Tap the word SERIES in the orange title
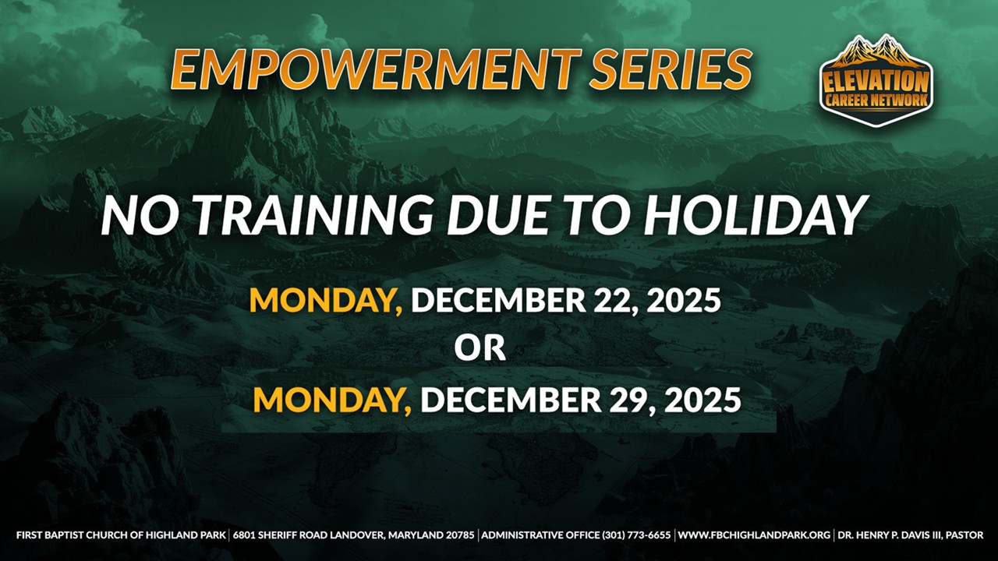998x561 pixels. (x=671, y=69)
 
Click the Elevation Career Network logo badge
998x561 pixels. (x=876, y=80)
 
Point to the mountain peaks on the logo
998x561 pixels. (x=876, y=51)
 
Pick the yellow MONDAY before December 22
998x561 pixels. (x=326, y=301)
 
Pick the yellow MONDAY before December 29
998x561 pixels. (x=332, y=400)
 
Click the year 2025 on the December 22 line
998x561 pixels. (x=684, y=300)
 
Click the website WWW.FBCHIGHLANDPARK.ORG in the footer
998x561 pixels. (x=754, y=535)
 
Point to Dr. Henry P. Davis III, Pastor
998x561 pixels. (x=910, y=535)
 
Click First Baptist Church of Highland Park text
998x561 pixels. (x=121, y=535)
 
